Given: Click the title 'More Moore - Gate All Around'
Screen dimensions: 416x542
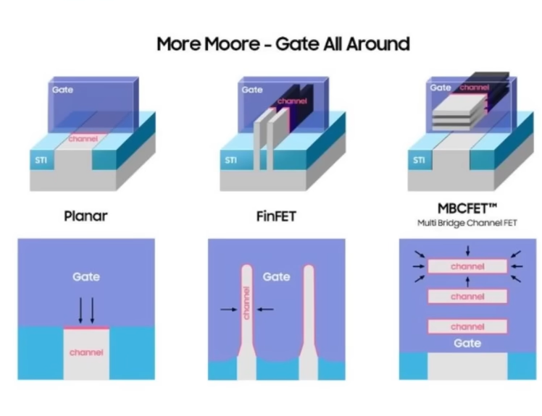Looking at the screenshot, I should tap(283, 43).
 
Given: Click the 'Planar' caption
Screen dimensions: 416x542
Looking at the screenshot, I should tap(86, 215).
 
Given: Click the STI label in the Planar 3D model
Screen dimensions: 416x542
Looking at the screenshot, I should tap(41, 160).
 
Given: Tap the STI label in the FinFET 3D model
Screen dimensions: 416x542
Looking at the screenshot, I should tap(230, 160).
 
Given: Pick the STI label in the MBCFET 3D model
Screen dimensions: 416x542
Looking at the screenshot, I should tap(420, 160).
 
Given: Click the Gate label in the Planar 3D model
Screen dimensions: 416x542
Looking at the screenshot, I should tap(62, 90).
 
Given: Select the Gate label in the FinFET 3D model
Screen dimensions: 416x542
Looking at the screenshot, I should tap(252, 90).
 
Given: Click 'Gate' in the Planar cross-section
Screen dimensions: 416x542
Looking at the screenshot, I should tap(86, 276).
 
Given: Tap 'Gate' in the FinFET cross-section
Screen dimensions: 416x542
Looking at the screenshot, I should tap(276, 276).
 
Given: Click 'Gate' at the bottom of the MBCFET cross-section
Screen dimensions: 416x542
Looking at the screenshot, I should tap(467, 343).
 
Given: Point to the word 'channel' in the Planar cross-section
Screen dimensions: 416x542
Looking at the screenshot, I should tap(86, 352).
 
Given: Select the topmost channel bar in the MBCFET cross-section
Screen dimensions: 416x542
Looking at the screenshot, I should tap(467, 266).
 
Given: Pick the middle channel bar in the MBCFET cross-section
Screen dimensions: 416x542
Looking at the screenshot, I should tap(467, 297).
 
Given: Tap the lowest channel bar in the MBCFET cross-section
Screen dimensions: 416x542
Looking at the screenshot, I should tap(467, 326).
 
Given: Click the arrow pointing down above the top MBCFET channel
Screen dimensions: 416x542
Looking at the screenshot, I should tap(467, 250).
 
